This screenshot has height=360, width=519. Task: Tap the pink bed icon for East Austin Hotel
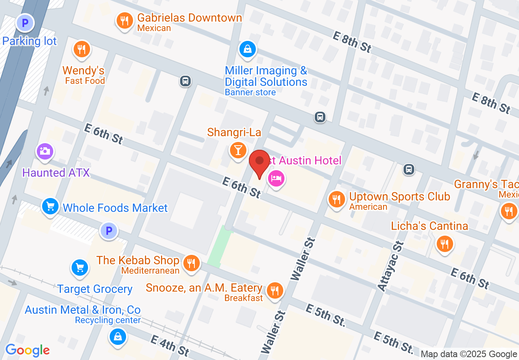[x=276, y=178]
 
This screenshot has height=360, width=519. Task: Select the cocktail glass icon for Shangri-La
[x=237, y=149]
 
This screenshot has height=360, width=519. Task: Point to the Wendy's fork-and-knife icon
[x=82, y=49]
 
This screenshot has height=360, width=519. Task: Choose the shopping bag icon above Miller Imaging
[x=248, y=49]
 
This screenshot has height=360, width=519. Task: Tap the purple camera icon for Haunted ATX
[x=45, y=151]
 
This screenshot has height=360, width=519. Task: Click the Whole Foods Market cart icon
[x=50, y=207]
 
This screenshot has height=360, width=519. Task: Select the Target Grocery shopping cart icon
[x=80, y=268]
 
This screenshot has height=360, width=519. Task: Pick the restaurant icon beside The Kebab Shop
[x=191, y=262]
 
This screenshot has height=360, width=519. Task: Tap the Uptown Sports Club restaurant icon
[x=336, y=199]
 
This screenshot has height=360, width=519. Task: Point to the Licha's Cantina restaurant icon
[x=444, y=244]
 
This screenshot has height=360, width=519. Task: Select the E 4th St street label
[x=169, y=345]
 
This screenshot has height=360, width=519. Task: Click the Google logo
[x=27, y=350]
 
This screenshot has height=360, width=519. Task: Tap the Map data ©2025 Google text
[x=469, y=354]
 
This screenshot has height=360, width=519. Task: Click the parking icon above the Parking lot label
[x=25, y=23]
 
